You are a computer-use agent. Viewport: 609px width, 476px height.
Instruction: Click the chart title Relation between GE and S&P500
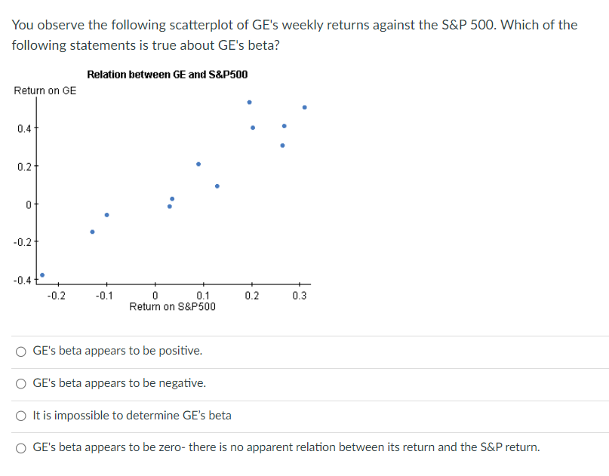[167, 75]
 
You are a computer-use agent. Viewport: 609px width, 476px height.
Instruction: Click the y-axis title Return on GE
[45, 91]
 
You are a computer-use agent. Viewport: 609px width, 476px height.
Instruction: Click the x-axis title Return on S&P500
[172, 306]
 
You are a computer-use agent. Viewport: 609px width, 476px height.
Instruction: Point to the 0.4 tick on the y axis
[25, 128]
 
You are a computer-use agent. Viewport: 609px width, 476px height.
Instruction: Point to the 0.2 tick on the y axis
[25, 166]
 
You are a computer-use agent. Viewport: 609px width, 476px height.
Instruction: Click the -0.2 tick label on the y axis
[23, 242]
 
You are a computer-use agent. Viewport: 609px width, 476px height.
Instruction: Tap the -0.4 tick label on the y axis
[23, 280]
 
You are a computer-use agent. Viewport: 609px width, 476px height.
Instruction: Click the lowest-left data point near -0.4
[42, 275]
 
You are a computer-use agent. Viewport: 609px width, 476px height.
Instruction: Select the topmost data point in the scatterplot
[250, 102]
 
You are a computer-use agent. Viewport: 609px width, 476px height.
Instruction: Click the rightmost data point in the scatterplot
[304, 107]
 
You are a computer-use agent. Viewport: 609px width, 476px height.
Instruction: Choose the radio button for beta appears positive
[22, 352]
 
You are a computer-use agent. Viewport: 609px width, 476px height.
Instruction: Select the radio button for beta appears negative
[22, 384]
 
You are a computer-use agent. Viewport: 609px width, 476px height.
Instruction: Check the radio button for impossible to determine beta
[22, 416]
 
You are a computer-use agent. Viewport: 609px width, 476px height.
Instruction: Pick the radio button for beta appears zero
[22, 448]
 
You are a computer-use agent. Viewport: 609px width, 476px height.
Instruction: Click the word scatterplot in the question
[201, 25]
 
